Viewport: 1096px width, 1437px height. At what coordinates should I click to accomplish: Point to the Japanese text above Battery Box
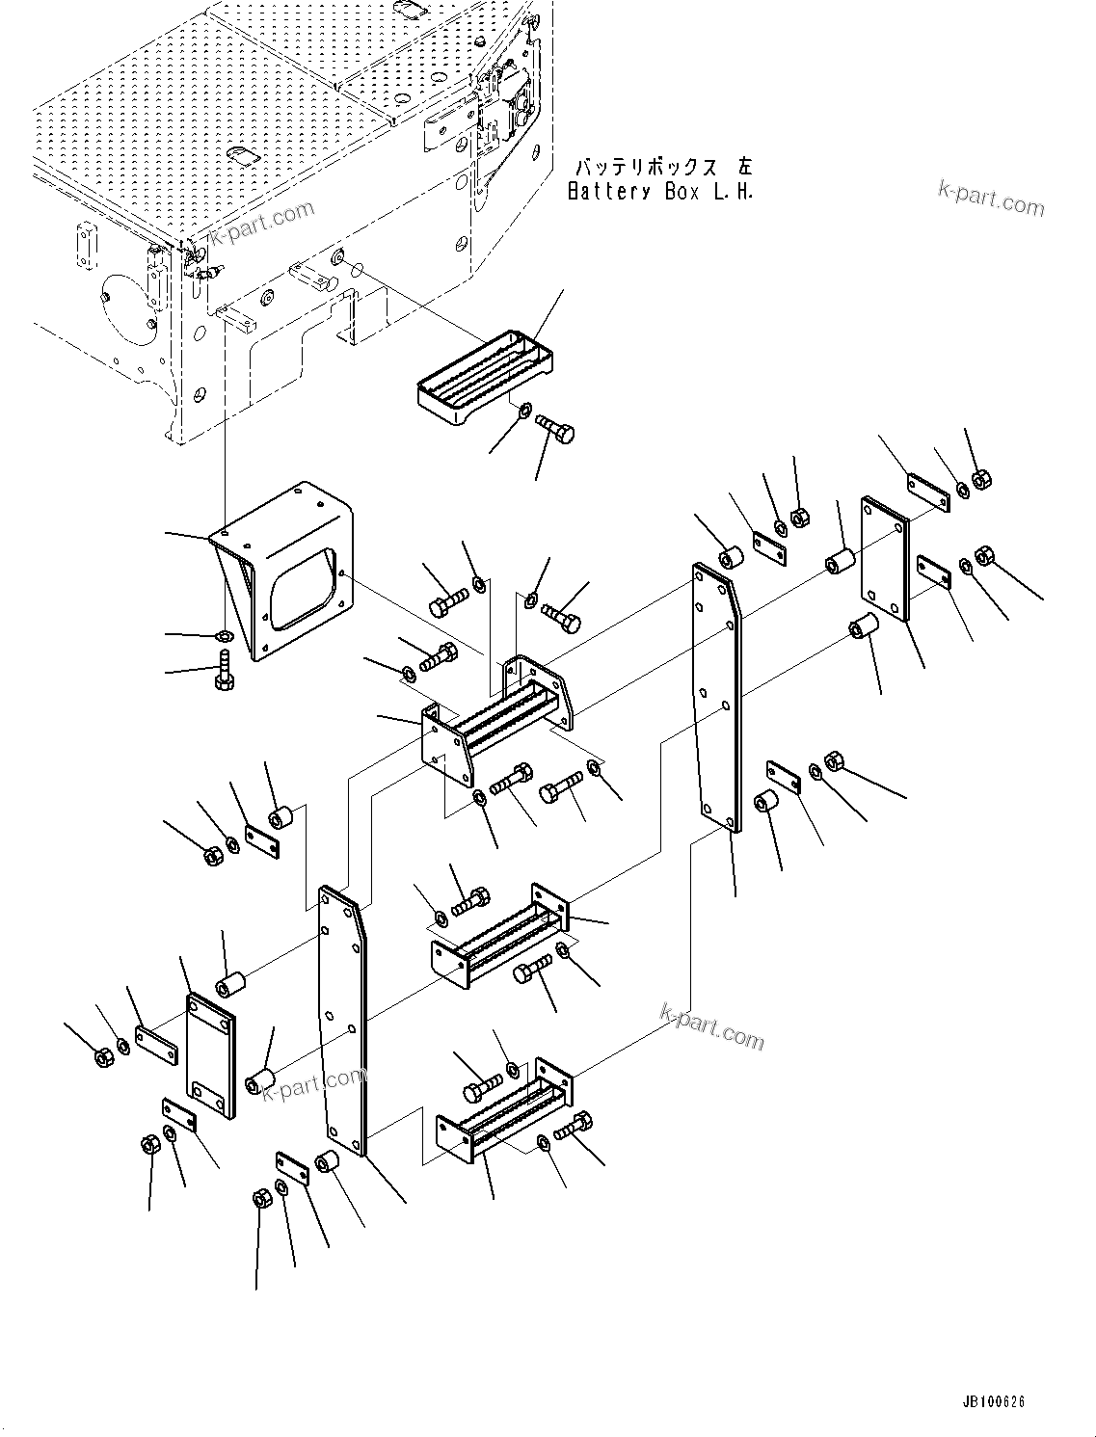coord(663,167)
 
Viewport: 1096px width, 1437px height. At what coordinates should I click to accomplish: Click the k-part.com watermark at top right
coord(990,200)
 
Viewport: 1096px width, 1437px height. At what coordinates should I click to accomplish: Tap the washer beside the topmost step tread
coord(524,412)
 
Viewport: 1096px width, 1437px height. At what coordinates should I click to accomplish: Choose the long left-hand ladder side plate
coord(343,1022)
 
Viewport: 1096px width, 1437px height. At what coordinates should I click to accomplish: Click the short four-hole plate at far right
coord(885,559)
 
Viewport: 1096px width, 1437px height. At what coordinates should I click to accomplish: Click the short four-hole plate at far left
coord(210,1056)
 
